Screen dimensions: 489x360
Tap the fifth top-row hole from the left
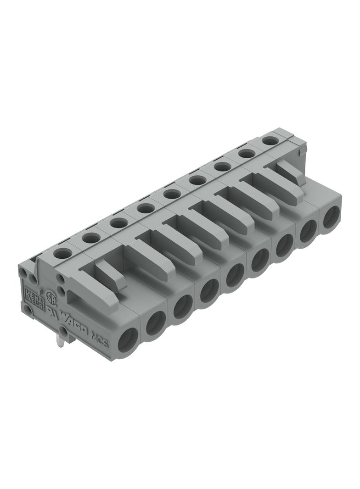[172, 194]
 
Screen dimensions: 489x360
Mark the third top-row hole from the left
[119, 223]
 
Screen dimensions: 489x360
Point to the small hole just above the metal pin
[62, 329]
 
